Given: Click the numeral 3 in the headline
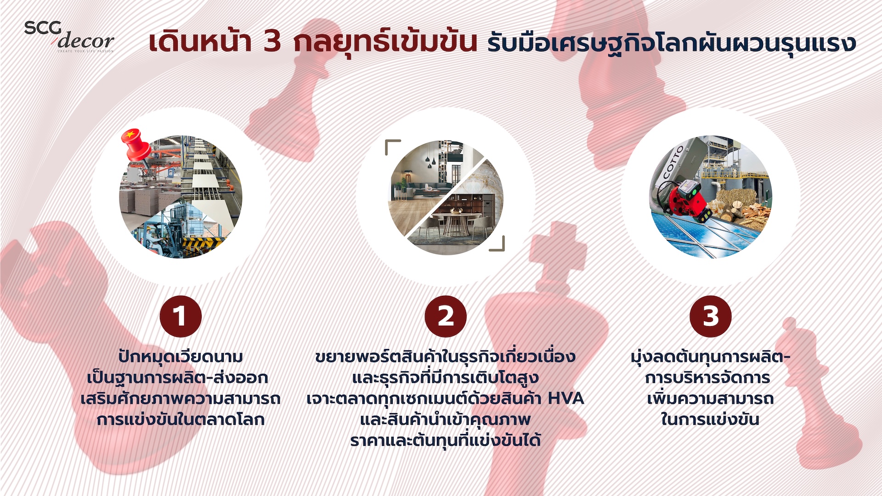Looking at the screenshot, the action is pos(272,42).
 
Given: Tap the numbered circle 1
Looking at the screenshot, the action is pos(181,316).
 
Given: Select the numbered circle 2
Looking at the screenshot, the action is pos(446,316).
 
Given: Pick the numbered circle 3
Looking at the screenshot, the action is pos(711,316).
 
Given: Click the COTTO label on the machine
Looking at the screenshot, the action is pos(674,162).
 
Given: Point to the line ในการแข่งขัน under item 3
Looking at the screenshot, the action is pos(710,419).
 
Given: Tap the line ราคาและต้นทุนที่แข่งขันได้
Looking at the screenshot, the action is pos(445,440).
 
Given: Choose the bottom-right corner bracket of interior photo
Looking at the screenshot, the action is pos(497,244).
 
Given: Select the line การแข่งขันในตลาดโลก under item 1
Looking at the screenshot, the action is pos(181,419).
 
